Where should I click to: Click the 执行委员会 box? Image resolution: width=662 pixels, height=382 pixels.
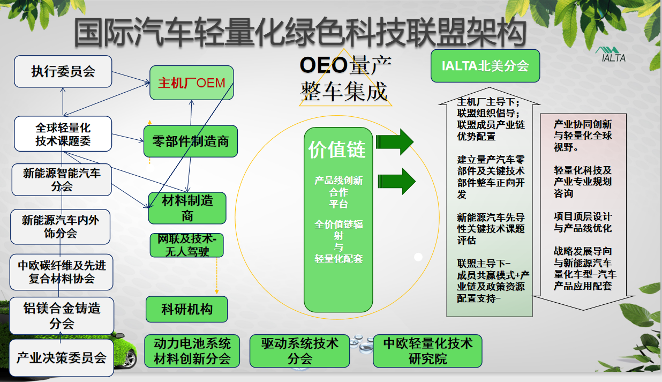(x=63, y=71)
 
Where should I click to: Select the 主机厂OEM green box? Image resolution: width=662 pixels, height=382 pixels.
(x=192, y=83)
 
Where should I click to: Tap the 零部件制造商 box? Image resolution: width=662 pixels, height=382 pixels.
(x=191, y=141)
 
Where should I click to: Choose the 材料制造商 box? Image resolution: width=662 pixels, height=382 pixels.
(x=187, y=208)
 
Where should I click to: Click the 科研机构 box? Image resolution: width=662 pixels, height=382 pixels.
(x=187, y=309)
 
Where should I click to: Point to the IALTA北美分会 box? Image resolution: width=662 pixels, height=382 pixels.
(x=485, y=66)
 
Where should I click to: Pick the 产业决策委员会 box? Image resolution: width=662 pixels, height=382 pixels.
(x=62, y=358)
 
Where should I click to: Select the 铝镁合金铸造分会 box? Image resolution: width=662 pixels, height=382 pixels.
(x=62, y=316)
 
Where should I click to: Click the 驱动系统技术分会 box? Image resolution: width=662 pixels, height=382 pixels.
(x=300, y=351)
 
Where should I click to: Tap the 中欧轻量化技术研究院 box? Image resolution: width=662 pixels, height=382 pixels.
(x=427, y=351)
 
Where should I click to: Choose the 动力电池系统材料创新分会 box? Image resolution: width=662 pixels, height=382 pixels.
(x=192, y=351)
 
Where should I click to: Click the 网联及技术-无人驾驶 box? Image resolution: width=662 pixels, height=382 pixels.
(x=187, y=245)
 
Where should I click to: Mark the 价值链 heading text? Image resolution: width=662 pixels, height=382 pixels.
(x=337, y=149)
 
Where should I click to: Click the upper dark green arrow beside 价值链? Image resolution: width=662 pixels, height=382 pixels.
(x=395, y=142)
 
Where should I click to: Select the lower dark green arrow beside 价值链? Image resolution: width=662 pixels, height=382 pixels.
(x=396, y=181)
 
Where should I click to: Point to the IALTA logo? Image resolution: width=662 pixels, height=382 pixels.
(x=611, y=55)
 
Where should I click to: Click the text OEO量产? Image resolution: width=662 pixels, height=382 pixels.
(x=345, y=65)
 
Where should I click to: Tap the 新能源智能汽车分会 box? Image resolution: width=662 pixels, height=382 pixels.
(x=62, y=180)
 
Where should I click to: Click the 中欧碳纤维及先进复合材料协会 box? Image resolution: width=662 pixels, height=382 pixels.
(x=62, y=272)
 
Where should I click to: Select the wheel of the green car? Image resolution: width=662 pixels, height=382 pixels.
(x=129, y=359)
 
